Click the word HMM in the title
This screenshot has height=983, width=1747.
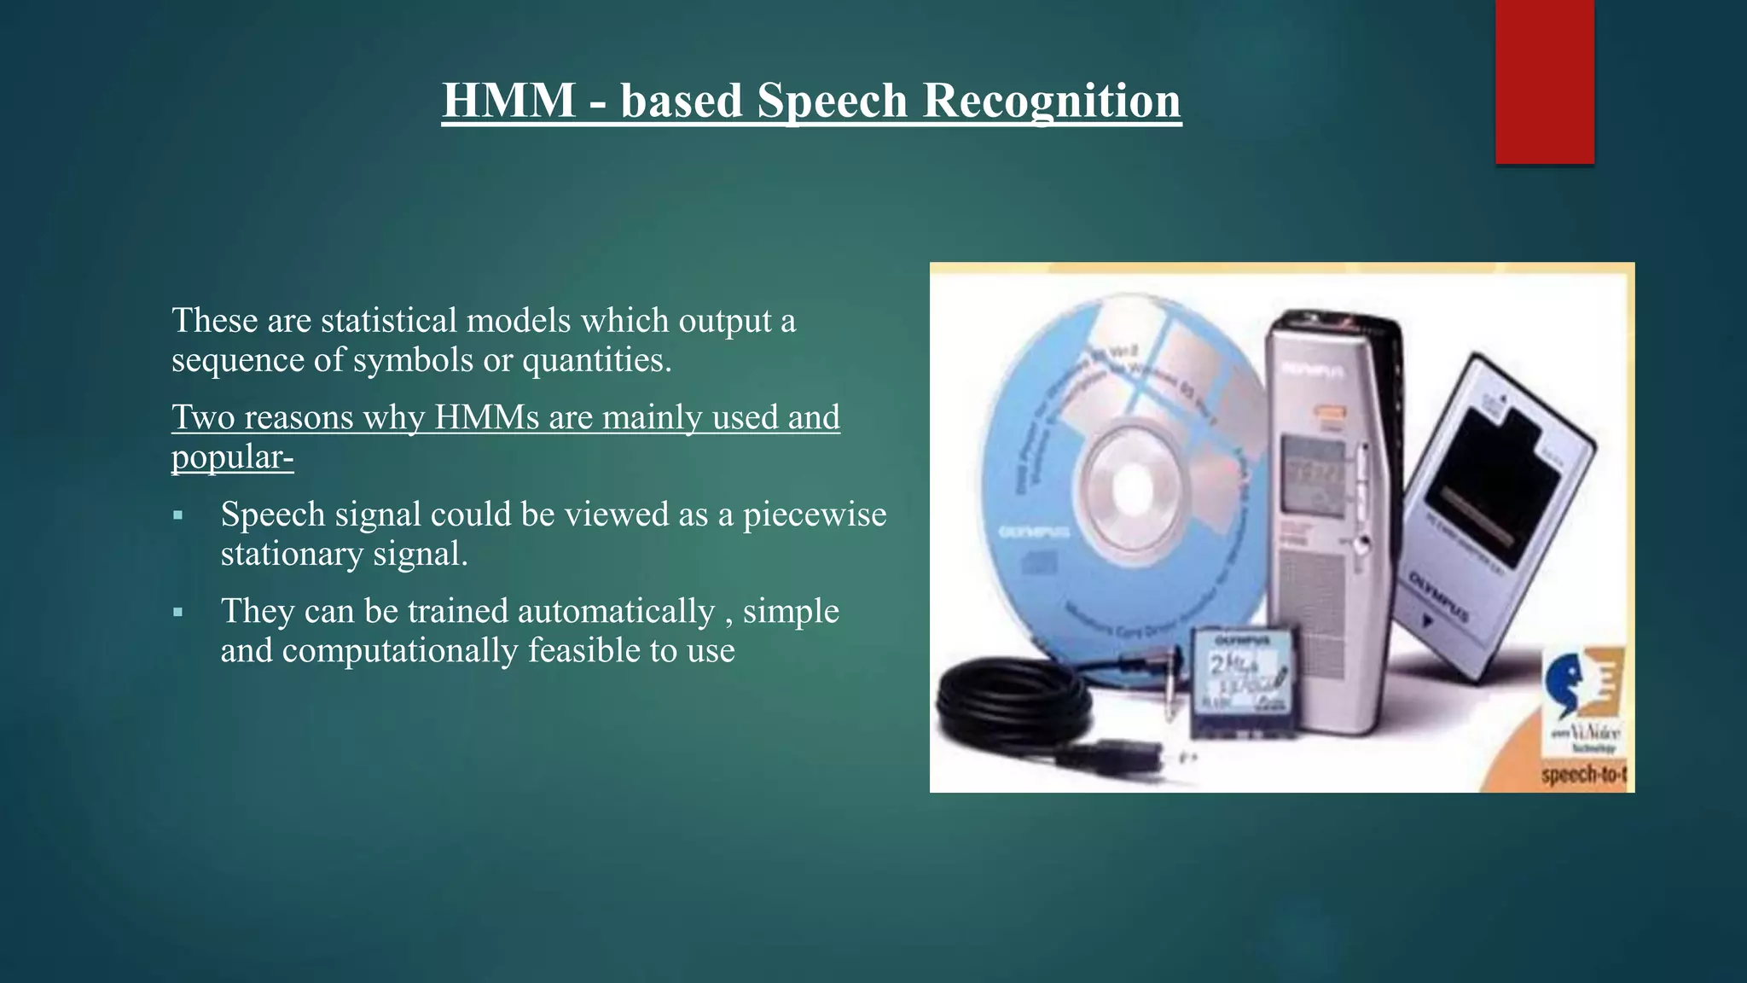(x=508, y=101)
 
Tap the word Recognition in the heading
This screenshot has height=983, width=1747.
(x=1052, y=101)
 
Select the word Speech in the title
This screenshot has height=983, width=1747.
(x=832, y=101)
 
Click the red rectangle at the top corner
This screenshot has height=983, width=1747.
(x=1544, y=81)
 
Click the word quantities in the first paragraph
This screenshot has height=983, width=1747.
(x=596, y=360)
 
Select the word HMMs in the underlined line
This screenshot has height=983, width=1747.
(x=486, y=417)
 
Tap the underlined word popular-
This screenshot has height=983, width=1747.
(x=232, y=457)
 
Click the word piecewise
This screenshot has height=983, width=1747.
(x=815, y=515)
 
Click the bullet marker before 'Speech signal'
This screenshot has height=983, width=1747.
(x=177, y=515)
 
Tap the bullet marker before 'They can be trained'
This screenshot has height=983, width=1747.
(x=177, y=612)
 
